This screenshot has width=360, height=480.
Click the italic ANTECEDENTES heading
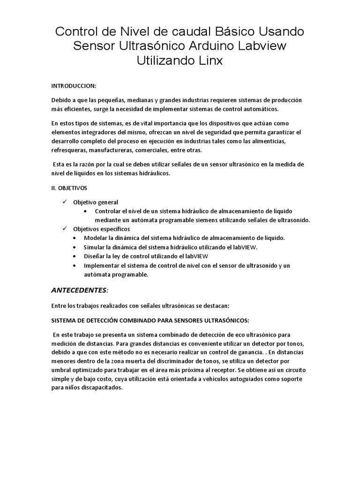click(79, 290)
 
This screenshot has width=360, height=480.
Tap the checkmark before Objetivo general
click(65, 202)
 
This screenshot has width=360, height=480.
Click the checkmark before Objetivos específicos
click(65, 229)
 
